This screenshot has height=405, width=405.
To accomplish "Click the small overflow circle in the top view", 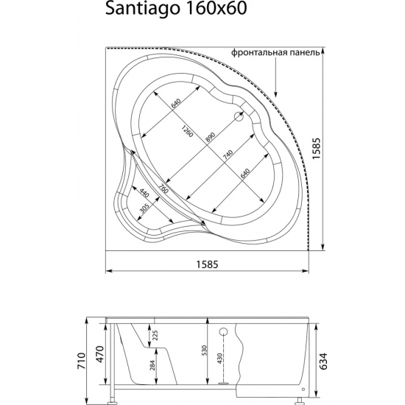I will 240,116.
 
